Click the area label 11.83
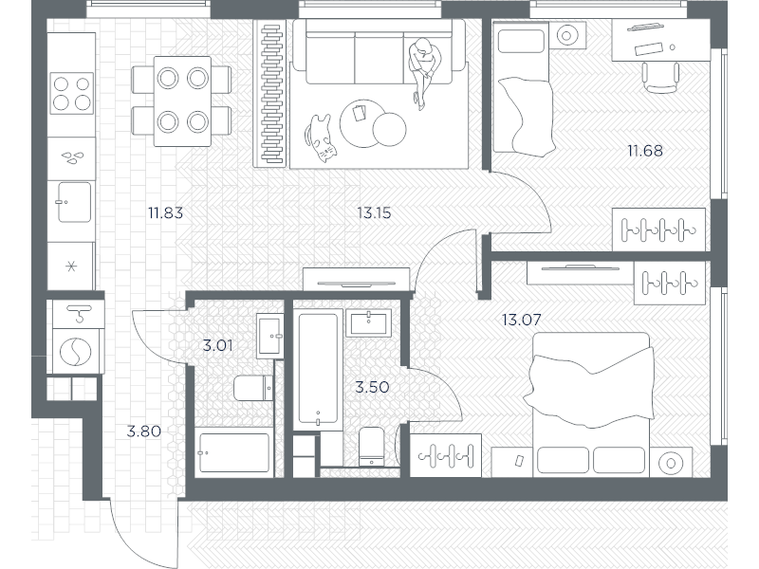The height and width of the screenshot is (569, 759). [164, 212]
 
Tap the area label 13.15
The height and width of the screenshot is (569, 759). [374, 212]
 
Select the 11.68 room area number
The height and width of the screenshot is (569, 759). [644, 150]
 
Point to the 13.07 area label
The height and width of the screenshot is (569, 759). [521, 320]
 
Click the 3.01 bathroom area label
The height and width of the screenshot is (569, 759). [217, 345]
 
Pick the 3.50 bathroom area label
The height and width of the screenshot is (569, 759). [372, 387]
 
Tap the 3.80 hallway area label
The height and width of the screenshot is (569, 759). [144, 431]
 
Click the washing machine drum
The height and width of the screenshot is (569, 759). [72, 352]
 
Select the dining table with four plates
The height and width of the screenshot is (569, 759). [183, 100]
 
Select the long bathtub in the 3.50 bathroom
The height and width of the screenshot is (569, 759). [318, 370]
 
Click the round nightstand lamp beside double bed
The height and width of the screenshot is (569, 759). [669, 462]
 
